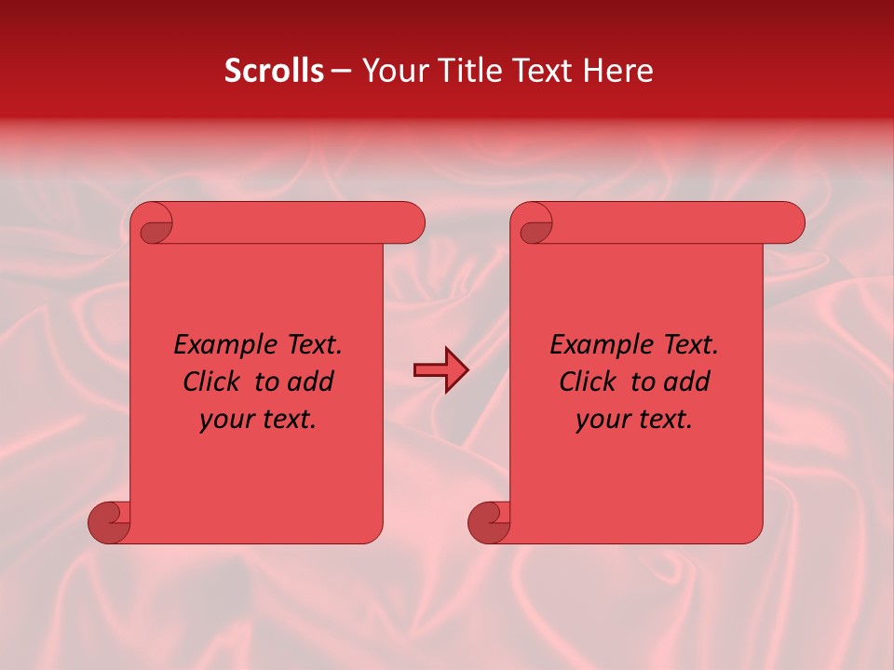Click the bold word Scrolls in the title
(275, 71)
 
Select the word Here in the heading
(617, 71)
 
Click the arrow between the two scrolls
(440, 370)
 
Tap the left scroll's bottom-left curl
(109, 523)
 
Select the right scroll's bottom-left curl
(489, 523)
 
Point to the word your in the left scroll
(225, 421)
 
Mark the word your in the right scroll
(602, 421)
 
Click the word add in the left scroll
(310, 382)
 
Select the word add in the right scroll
(686, 382)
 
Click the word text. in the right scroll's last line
(663, 421)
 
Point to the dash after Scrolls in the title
(342, 72)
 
